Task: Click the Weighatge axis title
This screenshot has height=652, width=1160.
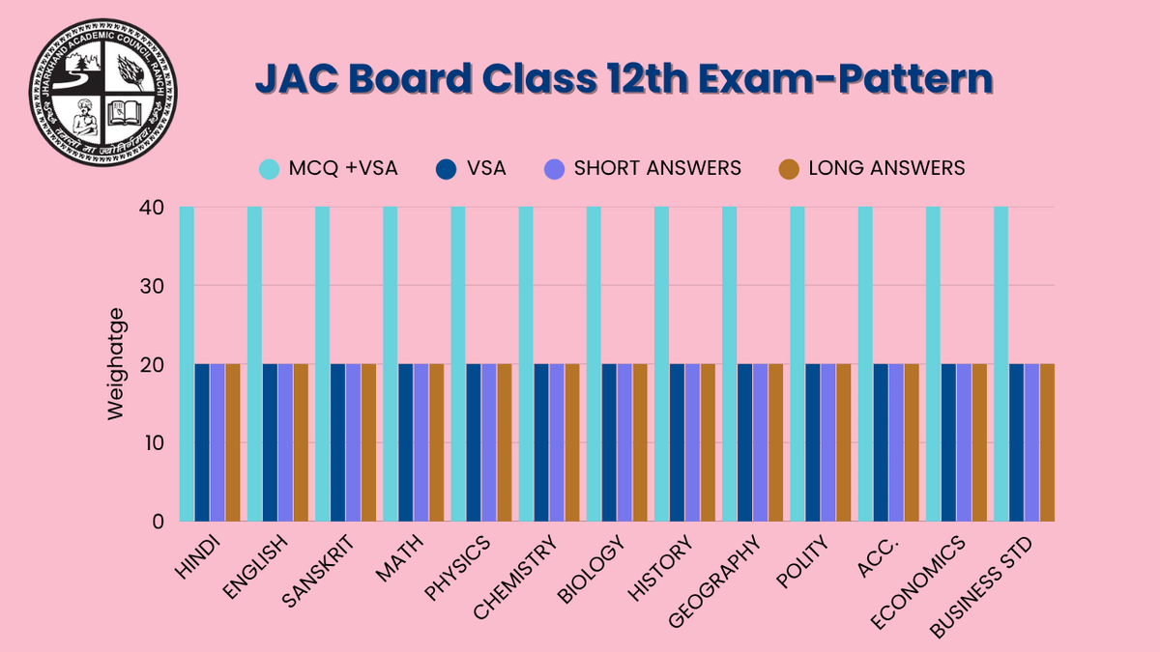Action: pos(116,364)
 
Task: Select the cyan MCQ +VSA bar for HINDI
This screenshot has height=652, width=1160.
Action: pos(187,364)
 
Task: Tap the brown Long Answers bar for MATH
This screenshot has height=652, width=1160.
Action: pos(436,443)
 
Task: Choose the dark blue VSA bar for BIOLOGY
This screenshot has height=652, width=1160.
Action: pos(609,443)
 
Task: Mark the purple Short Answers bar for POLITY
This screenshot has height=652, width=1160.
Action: pos(828,443)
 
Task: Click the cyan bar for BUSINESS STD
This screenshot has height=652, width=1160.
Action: pos(1000,364)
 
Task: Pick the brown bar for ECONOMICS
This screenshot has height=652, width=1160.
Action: pos(979,443)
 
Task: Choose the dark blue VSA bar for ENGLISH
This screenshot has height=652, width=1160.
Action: pos(270,443)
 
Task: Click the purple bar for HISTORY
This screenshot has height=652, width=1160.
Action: pos(692,443)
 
